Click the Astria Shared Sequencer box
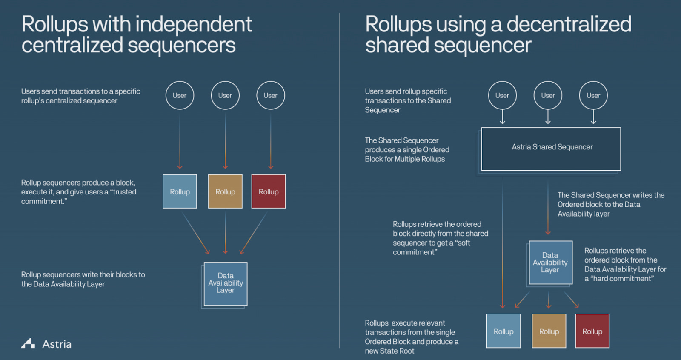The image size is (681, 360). pyautogui.click(x=551, y=149)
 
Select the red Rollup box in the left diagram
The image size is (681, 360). pyautogui.click(x=269, y=191)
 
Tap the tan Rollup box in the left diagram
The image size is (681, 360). pyautogui.click(x=225, y=191)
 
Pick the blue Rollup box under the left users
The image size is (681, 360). pyautogui.click(x=180, y=191)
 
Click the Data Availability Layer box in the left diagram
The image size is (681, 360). pyautogui.click(x=226, y=283)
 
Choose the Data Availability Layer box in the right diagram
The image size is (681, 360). pyautogui.click(x=550, y=263)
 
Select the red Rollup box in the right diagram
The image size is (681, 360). pyautogui.click(x=592, y=331)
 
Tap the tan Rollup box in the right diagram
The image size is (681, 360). pyautogui.click(x=549, y=331)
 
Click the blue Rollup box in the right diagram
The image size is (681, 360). pyautogui.click(x=504, y=331)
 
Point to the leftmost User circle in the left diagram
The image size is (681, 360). pyautogui.click(x=180, y=95)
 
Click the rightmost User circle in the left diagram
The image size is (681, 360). pyautogui.click(x=271, y=95)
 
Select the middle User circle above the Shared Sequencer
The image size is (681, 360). pyautogui.click(x=548, y=95)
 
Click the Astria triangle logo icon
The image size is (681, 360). pyautogui.click(x=28, y=343)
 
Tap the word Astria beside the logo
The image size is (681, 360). pyautogui.click(x=57, y=344)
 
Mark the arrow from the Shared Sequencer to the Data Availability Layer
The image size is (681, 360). pyautogui.click(x=548, y=209)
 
